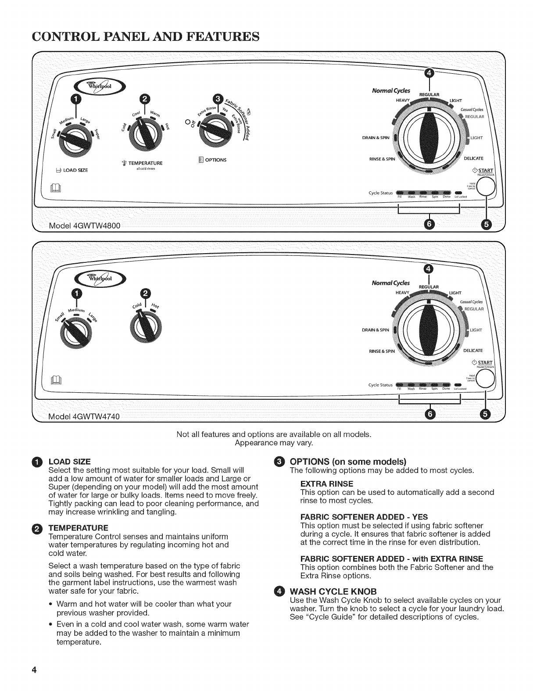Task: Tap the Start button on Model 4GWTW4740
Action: tap(486, 377)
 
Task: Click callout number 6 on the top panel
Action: tap(429, 225)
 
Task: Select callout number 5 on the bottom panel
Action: tap(485, 414)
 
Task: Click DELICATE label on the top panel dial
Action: tap(473, 158)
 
